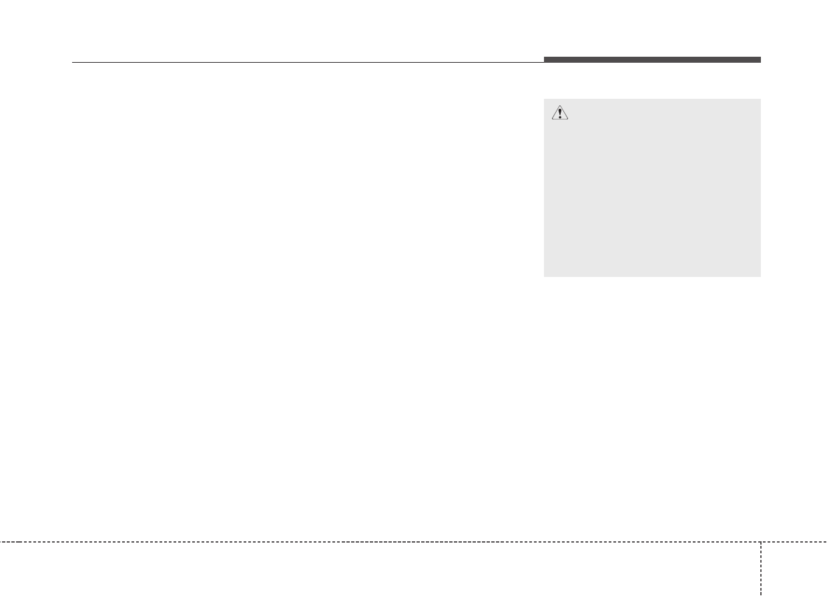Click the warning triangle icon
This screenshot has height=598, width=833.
pyautogui.click(x=560, y=113)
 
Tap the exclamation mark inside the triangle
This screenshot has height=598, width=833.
pyautogui.click(x=560, y=113)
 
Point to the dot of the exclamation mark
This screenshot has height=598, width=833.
pyautogui.click(x=560, y=117)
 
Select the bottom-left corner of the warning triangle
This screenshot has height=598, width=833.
pyautogui.click(x=552, y=120)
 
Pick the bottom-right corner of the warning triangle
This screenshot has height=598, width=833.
pyautogui.click(x=568, y=120)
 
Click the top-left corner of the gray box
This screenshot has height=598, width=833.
pyautogui.click(x=544, y=99)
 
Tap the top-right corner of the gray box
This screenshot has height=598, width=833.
pyautogui.click(x=760, y=99)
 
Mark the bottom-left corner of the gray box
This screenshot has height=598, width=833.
pyautogui.click(x=544, y=276)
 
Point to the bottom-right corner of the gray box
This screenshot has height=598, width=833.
pyautogui.click(x=760, y=276)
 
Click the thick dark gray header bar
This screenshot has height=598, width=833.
pyautogui.click(x=652, y=60)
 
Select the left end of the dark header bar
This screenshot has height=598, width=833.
pyautogui.click(x=545, y=60)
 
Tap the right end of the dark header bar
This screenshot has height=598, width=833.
pyautogui.click(x=760, y=60)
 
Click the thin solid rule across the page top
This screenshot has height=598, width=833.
pyautogui.click(x=307, y=63)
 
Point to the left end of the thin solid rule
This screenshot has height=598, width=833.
pyautogui.click(x=72, y=63)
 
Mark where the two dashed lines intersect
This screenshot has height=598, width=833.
pyautogui.click(x=761, y=541)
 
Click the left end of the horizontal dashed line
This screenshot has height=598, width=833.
pyautogui.click(x=1, y=541)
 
